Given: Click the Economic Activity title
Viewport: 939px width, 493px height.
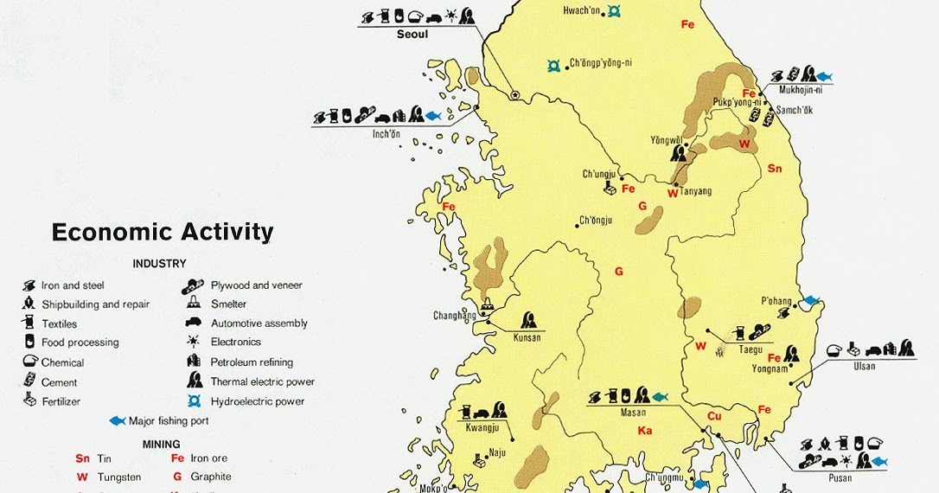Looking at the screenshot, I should click(163, 233).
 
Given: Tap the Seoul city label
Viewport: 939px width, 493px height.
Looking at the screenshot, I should click(412, 35).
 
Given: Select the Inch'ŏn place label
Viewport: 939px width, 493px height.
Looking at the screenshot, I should click(386, 134).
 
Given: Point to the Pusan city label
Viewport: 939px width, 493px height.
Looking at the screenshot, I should click(839, 478).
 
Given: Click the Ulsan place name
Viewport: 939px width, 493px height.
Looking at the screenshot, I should click(864, 366).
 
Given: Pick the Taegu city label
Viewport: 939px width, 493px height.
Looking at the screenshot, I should click(750, 349).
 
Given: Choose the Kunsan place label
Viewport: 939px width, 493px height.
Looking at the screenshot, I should click(527, 337).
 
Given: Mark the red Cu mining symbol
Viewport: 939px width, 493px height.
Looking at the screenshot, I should click(714, 417).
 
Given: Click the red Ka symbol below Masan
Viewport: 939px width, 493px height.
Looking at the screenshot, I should click(644, 431).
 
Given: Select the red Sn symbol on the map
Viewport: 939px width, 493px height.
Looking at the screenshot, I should click(774, 169).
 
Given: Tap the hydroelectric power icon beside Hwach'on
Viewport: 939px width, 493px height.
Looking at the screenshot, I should click(614, 10).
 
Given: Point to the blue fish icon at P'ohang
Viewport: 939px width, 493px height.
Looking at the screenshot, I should click(811, 300).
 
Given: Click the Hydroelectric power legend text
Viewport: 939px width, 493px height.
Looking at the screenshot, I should click(258, 401).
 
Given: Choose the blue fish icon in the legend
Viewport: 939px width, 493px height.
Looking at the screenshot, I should click(118, 421).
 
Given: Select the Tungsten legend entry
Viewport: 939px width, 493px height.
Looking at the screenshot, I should click(120, 477).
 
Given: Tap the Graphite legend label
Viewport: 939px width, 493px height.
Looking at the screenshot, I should click(211, 477).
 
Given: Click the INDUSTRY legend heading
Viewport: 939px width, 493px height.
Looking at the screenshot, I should click(159, 264).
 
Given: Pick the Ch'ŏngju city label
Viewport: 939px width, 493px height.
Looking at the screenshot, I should click(596, 220).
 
